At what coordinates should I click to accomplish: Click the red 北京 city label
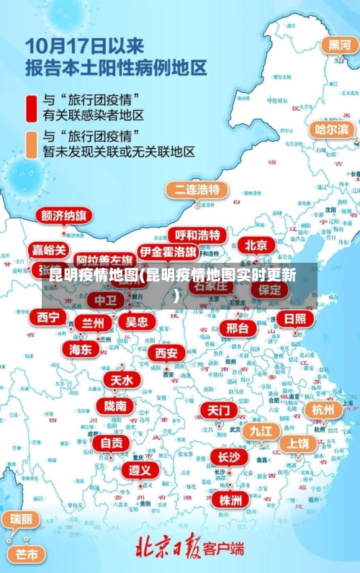[x=256, y=245]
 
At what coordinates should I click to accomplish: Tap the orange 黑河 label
[x=340, y=45]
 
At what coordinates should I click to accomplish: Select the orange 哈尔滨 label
[x=333, y=130]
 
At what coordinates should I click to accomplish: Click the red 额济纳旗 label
[x=65, y=215]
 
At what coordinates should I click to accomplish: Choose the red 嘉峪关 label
[x=50, y=250]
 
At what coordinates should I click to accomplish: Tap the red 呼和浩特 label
[x=197, y=235]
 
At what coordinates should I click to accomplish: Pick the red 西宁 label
[x=48, y=317]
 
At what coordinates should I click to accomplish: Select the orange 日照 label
[x=294, y=319]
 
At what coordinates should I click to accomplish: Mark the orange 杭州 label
[x=323, y=410]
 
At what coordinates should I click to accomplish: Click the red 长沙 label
[x=229, y=457]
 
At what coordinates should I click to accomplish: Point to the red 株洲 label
[x=231, y=500]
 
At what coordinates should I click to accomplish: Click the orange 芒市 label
[x=27, y=554]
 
